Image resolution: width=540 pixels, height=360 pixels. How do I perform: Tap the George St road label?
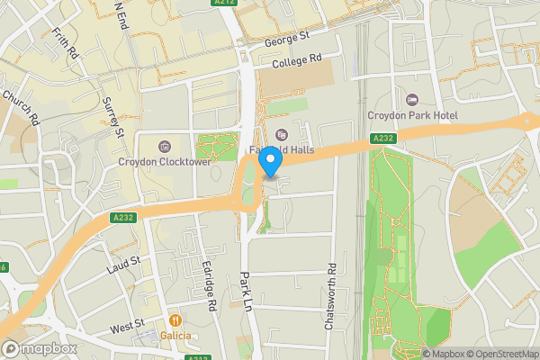pyautogui.click(x=286, y=38)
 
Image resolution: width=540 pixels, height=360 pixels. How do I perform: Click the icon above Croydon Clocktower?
pyautogui.click(x=164, y=147)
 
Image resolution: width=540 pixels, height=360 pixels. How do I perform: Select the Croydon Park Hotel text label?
pyautogui.click(x=413, y=115)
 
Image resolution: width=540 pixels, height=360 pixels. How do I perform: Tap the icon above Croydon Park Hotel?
pyautogui.click(x=413, y=99)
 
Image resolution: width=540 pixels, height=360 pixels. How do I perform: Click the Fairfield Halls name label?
pyautogui.click(x=279, y=150)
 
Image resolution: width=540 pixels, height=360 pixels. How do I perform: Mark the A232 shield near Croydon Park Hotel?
pyautogui.click(x=383, y=138)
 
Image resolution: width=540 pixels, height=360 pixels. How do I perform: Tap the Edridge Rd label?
pyautogui.click(x=212, y=293)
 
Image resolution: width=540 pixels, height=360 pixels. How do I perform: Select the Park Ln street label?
pyautogui.click(x=244, y=292)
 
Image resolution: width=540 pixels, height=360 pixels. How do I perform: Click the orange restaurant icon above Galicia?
pyautogui.click(x=177, y=319)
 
